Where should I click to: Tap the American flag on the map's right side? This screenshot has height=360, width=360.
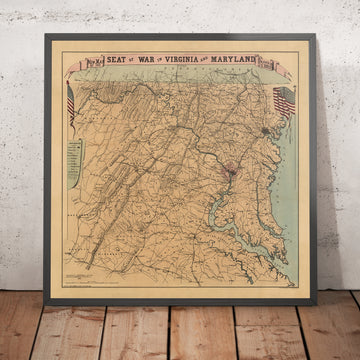[x=284, y=100]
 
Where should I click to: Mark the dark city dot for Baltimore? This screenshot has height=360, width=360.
[x=266, y=130]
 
